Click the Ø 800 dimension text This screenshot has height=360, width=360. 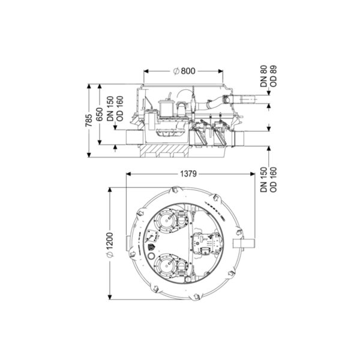pyautogui.click(x=184, y=71)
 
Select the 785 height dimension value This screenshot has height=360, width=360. pyautogui.click(x=89, y=121)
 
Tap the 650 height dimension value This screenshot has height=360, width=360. pyautogui.click(x=99, y=115)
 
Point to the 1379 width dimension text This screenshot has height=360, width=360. pyautogui.click(x=188, y=174)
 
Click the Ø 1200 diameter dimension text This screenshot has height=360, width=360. pyautogui.click(x=110, y=245)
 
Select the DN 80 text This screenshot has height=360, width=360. pyautogui.click(x=264, y=76)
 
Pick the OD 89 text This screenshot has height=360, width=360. pyautogui.click(x=274, y=76)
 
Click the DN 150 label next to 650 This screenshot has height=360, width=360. pyautogui.click(x=110, y=109)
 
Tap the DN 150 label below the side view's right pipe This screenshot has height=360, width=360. pyautogui.click(x=264, y=180)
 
